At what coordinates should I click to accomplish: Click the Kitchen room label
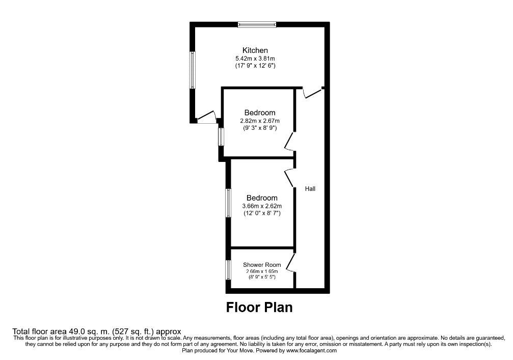255,50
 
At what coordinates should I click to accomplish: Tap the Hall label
310,189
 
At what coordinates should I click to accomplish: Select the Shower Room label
262,265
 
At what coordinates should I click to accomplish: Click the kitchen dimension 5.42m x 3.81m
255,59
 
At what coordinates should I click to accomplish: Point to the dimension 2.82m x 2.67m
260,121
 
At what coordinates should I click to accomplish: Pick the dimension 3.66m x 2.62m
262,206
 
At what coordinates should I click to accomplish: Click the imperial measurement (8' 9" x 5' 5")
262,277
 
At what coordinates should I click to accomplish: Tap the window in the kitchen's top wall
257,24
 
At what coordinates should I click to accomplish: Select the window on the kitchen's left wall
193,70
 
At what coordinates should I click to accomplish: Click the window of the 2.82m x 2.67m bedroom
221,136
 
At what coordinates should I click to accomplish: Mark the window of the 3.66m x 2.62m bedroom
228,203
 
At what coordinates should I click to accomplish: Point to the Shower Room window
228,270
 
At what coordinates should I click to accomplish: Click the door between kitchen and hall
312,93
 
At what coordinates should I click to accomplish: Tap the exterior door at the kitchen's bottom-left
207,118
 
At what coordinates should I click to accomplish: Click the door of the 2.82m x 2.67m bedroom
290,141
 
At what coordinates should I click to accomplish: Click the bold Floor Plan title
259,308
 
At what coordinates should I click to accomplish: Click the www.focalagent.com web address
311,350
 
